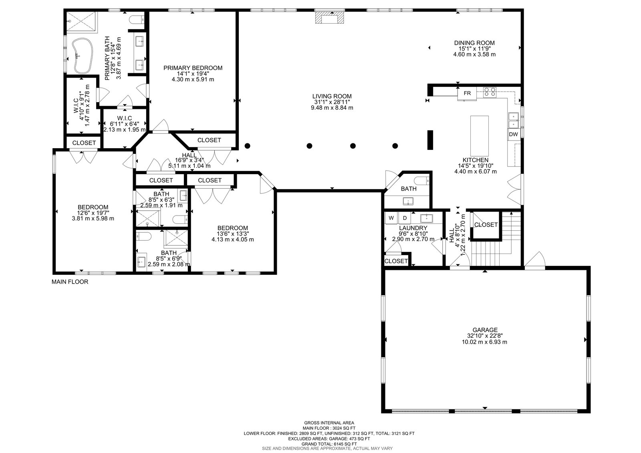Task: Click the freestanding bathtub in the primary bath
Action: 83,56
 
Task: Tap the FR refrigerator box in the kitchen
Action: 467,94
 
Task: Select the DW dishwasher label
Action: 514,135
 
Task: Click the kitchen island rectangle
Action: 480,136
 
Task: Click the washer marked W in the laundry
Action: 391,218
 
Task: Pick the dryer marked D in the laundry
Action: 405,218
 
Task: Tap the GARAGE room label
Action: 485,330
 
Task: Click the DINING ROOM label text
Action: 474,43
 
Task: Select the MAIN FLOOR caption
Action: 70,282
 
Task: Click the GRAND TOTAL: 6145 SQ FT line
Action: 329,444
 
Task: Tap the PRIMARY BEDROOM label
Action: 193,68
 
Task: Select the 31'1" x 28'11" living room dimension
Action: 332,102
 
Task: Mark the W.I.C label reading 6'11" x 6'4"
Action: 125,124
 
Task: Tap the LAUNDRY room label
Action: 413,228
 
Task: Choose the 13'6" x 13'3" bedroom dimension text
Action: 233,234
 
